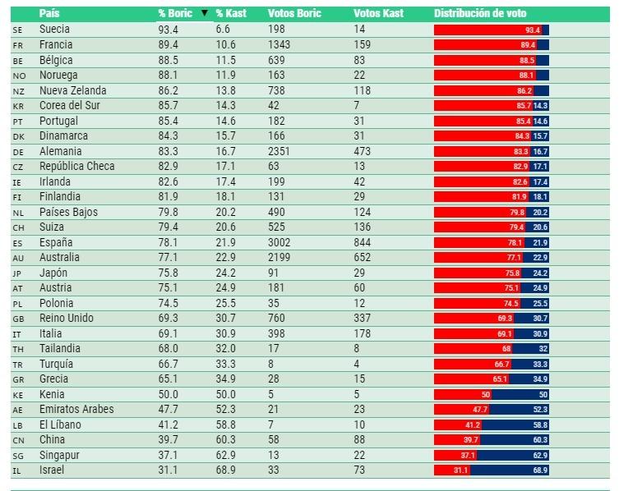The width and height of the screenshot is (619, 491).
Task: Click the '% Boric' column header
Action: [x=174, y=14]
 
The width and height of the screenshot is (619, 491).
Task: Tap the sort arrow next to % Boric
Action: [x=205, y=14]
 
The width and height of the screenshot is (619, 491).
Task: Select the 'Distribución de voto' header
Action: [x=480, y=14]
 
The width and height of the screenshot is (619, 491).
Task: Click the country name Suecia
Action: [x=55, y=30]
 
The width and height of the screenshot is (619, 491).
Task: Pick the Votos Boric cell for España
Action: [x=280, y=242]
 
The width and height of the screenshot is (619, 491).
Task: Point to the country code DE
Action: [x=18, y=152]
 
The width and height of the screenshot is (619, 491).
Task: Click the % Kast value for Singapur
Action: [x=227, y=455]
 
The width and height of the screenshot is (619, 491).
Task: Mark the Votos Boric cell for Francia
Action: [x=280, y=45]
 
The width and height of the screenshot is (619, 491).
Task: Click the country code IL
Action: [x=17, y=470]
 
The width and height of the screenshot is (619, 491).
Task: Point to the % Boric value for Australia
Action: [x=169, y=258]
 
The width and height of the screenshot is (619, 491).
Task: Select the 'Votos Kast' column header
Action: [x=378, y=14]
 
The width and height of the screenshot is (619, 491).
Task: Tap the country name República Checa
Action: [x=76, y=167]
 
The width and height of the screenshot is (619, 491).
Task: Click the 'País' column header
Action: [x=49, y=14]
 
